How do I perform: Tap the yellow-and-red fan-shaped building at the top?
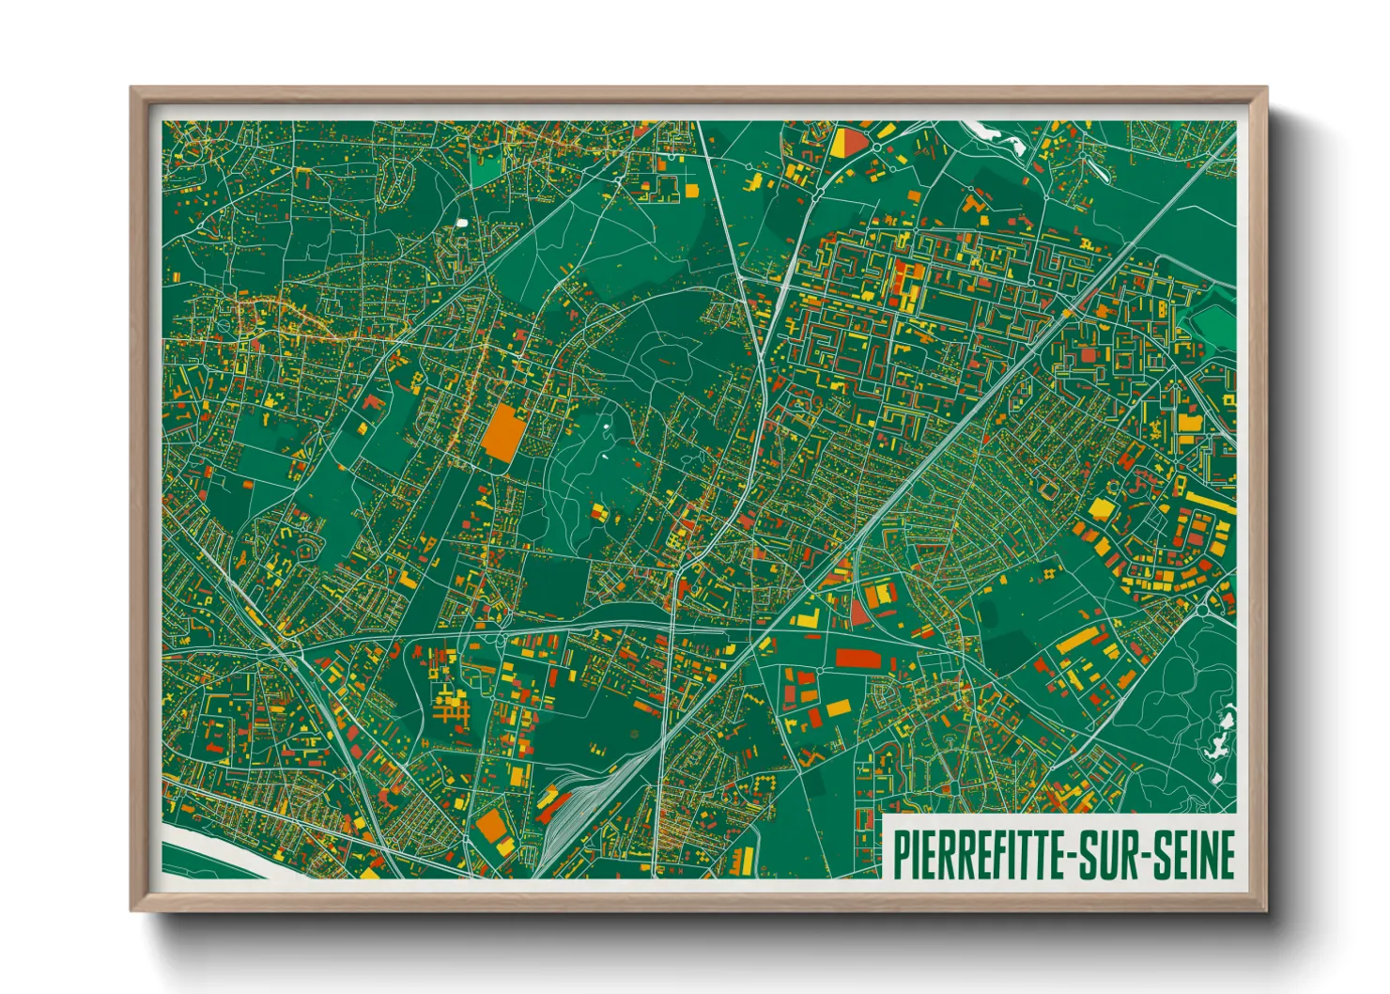click(849, 143)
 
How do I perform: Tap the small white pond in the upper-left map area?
click(461, 223)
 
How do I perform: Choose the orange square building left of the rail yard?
click(491, 827)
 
